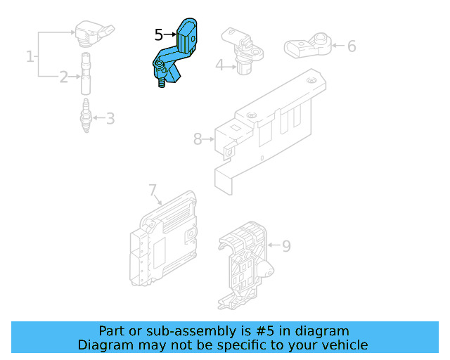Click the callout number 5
(159, 34)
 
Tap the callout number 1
(30, 56)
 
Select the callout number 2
(63, 77)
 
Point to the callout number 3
(110, 118)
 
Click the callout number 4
(219, 65)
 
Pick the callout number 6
(352, 46)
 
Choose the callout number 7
(153, 189)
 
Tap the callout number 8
(198, 139)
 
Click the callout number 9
(286, 246)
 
